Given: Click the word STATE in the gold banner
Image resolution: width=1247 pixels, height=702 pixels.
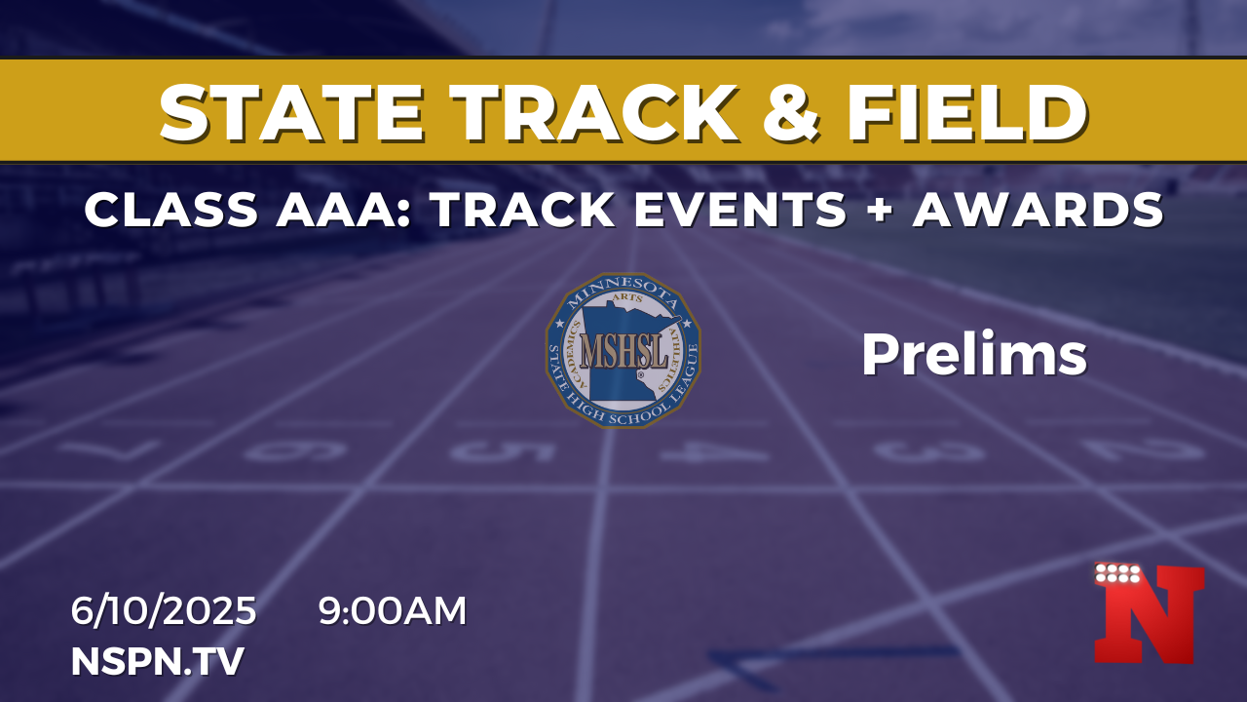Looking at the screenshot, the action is (291, 113).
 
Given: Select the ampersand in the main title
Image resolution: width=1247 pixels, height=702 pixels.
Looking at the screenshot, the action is (790, 113).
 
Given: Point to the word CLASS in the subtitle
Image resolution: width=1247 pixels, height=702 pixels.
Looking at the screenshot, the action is (171, 210).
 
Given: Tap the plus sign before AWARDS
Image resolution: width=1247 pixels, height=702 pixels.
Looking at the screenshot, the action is (880, 210).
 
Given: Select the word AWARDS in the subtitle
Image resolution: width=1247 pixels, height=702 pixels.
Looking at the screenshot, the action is (1039, 210).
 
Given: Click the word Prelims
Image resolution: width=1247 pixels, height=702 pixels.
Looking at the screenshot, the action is (974, 354).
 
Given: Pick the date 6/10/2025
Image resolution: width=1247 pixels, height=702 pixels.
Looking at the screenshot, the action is (164, 610).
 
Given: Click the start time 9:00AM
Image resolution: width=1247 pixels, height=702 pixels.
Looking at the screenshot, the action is (393, 610).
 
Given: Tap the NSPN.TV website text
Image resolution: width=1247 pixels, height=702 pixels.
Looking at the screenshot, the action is (158, 661).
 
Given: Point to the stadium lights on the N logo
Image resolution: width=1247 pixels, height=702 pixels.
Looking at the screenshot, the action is (1117, 573).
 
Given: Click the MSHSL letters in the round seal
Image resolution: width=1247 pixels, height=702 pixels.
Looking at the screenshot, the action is (623, 351).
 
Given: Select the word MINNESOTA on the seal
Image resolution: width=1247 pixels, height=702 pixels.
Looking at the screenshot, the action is (623, 290).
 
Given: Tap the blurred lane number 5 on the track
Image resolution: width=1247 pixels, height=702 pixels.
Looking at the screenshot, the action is (504, 451).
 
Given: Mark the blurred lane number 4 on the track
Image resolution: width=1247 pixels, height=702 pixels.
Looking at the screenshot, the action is (715, 451).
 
